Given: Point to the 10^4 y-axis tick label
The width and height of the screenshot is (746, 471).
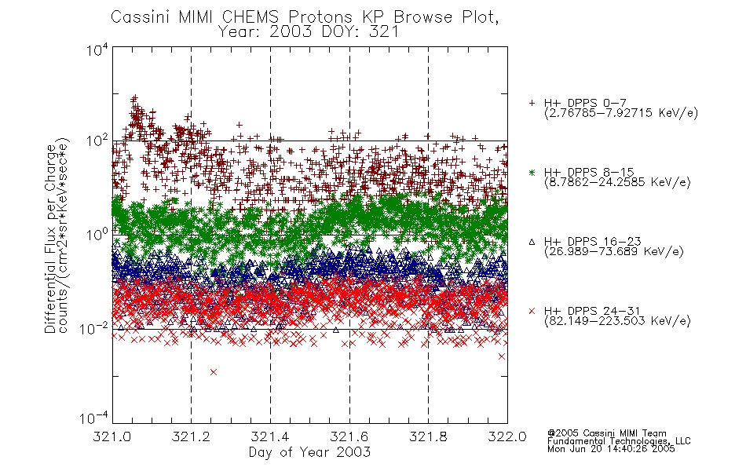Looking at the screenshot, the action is coord(97,49).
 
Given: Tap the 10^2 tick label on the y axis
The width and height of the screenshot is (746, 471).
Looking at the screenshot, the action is coord(97,141).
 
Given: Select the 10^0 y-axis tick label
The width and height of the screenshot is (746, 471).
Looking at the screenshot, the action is coord(97,235).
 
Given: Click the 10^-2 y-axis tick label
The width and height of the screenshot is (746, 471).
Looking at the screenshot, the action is coord(94,328).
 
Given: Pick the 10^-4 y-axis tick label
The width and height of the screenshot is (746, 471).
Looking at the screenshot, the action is coord(94,418).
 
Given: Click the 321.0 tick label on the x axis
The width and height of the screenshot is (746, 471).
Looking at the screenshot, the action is coord(112,436).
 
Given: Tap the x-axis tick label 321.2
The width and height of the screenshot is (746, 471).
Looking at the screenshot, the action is coord(191,436).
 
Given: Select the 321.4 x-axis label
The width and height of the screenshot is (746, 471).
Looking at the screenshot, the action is coord(270,436).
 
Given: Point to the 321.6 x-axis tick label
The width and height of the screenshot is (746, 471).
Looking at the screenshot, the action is coord(349,436).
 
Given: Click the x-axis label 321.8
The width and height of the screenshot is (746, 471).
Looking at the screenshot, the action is coord(428,436).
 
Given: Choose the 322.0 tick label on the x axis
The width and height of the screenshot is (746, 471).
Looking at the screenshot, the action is coord(507,436).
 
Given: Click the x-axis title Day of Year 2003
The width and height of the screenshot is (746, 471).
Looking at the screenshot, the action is coord(309,452).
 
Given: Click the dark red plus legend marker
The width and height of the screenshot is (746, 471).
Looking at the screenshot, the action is coord(532,103).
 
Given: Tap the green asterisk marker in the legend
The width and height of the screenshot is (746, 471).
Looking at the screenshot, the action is coord(532,172).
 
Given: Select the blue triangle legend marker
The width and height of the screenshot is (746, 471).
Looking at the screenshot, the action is coord(532,242).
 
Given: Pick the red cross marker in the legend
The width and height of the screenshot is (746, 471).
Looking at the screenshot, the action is coord(532,311).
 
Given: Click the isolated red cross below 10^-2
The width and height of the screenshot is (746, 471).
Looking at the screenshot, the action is coord(214,372).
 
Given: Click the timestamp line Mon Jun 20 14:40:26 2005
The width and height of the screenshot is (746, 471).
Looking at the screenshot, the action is coord(611,449).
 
